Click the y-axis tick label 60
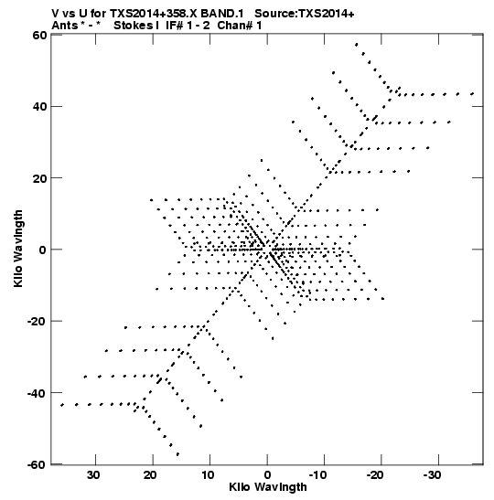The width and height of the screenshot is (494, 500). (39, 35)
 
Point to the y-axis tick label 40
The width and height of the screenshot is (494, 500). (39, 106)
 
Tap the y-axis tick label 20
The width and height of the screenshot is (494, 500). (39, 178)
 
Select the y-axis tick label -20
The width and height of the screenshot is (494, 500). (37, 321)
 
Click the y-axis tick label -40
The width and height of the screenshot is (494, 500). (37, 393)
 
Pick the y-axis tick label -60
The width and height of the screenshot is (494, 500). (37, 464)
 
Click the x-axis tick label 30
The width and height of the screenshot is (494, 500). (93, 475)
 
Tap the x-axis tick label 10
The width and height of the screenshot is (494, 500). (208, 475)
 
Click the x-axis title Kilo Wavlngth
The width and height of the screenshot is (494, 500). (268, 487)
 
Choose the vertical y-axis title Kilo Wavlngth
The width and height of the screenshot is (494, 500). (18, 249)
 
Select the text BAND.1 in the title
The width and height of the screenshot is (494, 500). (222, 14)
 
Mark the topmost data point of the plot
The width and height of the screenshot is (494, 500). (357, 44)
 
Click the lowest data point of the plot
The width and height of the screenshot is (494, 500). (177, 454)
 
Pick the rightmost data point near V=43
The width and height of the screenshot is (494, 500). (472, 94)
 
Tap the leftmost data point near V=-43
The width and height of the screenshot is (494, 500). (62, 405)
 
